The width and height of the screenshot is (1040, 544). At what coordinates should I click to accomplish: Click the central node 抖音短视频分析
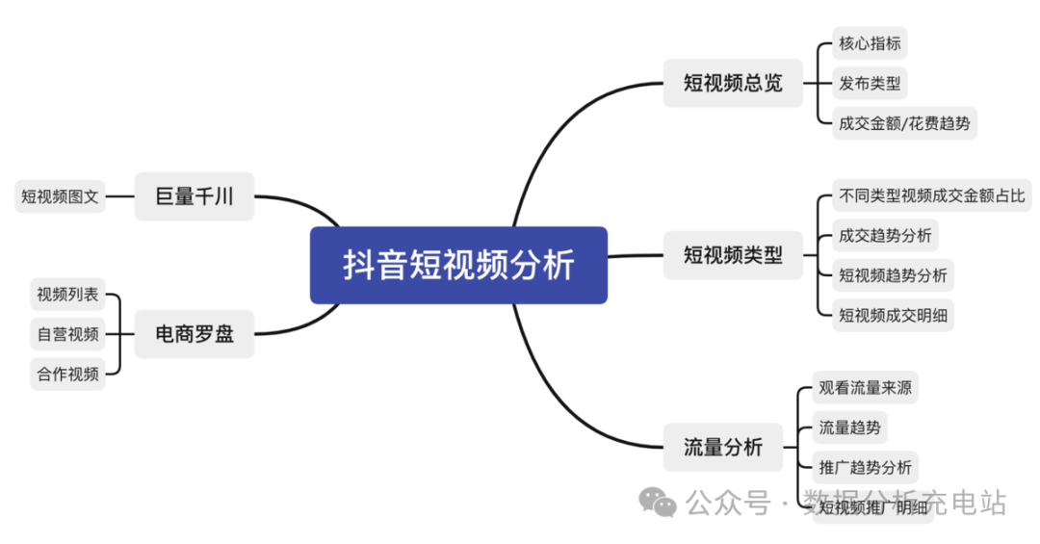(458, 265)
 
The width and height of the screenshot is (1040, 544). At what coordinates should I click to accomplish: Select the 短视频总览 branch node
(733, 83)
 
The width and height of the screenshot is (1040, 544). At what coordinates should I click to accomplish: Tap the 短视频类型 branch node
(733, 255)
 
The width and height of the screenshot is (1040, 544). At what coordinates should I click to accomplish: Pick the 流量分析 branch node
(722, 447)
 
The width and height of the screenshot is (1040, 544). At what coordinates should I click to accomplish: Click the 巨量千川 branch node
(194, 197)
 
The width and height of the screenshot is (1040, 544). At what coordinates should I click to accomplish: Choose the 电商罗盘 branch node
(194, 334)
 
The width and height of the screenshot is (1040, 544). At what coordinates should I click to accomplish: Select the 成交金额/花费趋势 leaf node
(904, 122)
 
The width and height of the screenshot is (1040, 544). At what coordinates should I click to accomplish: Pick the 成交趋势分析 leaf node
(885, 235)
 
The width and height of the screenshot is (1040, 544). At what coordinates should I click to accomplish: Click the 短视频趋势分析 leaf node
(893, 274)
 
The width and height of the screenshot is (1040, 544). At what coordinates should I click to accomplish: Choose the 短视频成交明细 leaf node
(893, 314)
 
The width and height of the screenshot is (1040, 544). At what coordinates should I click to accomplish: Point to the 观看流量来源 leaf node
(864, 388)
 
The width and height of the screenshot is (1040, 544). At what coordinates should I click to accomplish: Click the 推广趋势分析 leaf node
(864, 467)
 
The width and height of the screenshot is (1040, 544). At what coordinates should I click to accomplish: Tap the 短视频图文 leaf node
(60, 196)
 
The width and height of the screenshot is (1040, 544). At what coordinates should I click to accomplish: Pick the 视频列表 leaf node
(67, 295)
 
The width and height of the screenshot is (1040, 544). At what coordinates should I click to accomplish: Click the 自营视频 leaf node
(67, 334)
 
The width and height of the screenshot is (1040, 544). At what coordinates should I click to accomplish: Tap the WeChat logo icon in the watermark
(660, 502)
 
